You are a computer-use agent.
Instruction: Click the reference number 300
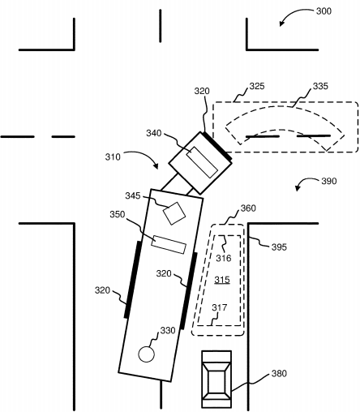click(x=324, y=11)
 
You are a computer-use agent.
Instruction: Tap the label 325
click(x=257, y=86)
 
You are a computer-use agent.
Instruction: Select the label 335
click(x=320, y=86)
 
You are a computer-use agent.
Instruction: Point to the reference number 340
click(x=154, y=133)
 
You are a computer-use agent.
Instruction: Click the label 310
click(x=113, y=157)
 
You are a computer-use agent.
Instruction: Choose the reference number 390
click(x=329, y=181)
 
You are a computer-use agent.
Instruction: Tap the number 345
click(x=133, y=195)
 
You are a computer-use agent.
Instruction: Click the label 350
click(x=118, y=214)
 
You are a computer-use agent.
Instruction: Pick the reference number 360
click(x=248, y=208)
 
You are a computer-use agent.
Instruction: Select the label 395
click(x=279, y=247)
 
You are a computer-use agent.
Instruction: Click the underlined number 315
click(x=222, y=280)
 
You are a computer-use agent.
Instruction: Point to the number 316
click(x=224, y=258)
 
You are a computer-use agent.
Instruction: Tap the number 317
click(x=219, y=307)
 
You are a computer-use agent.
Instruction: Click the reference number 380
click(x=279, y=373)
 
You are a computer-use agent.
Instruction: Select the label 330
click(x=168, y=330)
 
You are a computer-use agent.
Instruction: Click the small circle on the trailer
click(x=146, y=354)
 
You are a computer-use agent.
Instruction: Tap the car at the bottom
click(x=216, y=379)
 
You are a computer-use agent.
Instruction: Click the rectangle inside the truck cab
click(x=202, y=162)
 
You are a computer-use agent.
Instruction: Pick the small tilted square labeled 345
click(x=174, y=213)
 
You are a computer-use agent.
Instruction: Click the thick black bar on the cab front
click(x=217, y=146)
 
